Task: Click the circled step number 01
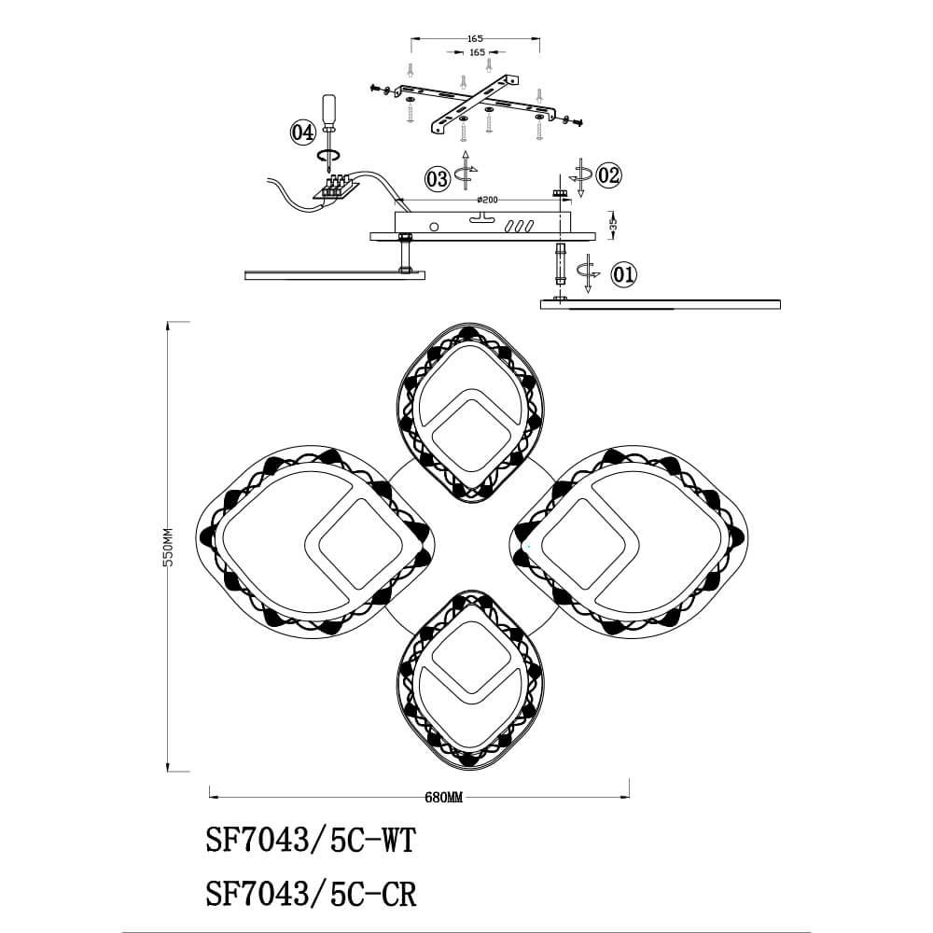pos(624,274)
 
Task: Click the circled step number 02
pos(608,175)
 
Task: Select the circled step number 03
pos(438,178)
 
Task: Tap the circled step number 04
pos(302,132)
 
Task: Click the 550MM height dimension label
pos(168,547)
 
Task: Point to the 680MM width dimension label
pos(443,798)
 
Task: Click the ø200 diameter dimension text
pos(487,200)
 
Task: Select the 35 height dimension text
pos(614,224)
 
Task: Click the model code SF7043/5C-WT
pos(311,841)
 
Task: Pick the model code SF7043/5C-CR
pos(311,893)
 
